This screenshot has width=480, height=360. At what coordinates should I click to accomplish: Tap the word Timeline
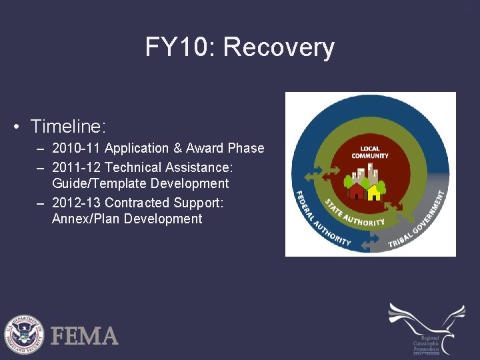[x=68, y=126]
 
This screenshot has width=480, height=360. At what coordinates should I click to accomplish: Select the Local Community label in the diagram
[x=370, y=152]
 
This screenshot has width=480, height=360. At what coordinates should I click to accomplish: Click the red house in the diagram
[x=357, y=192]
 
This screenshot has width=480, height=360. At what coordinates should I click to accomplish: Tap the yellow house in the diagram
[x=375, y=193]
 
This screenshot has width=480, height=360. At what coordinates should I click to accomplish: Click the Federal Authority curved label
[x=319, y=220]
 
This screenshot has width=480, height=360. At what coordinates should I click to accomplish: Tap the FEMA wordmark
[x=85, y=335]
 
